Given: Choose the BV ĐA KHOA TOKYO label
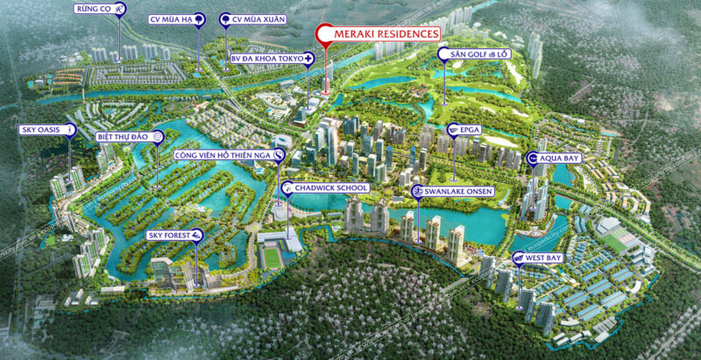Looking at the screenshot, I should click(266, 58).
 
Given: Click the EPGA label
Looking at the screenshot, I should click(468, 130).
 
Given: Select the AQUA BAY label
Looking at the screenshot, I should click(559, 159).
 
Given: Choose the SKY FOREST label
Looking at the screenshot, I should click(170, 235).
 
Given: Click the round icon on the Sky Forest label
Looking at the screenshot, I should click(198, 234).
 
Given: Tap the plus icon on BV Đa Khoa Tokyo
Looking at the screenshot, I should click(309, 58).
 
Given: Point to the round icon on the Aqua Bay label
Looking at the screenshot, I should click(532, 159).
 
